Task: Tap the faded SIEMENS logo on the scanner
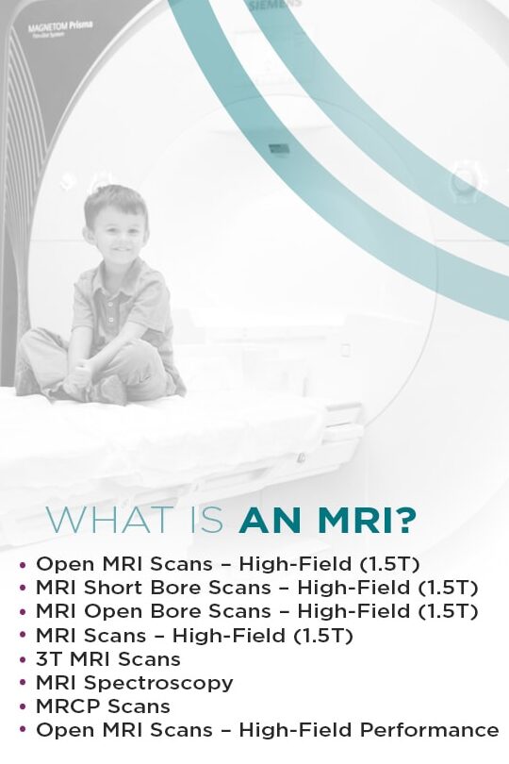click(x=274, y=6)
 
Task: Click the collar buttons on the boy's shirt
click(x=110, y=312)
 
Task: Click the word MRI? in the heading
click(x=368, y=520)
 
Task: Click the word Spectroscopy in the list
click(x=158, y=684)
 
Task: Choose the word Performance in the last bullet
click(x=429, y=730)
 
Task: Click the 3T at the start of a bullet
click(x=49, y=658)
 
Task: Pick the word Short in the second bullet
click(x=112, y=587)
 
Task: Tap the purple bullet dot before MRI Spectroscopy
click(x=23, y=683)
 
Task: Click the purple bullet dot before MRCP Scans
click(x=23, y=706)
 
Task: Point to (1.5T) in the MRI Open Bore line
click(x=448, y=611)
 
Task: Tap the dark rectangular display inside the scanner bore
click(x=278, y=149)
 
